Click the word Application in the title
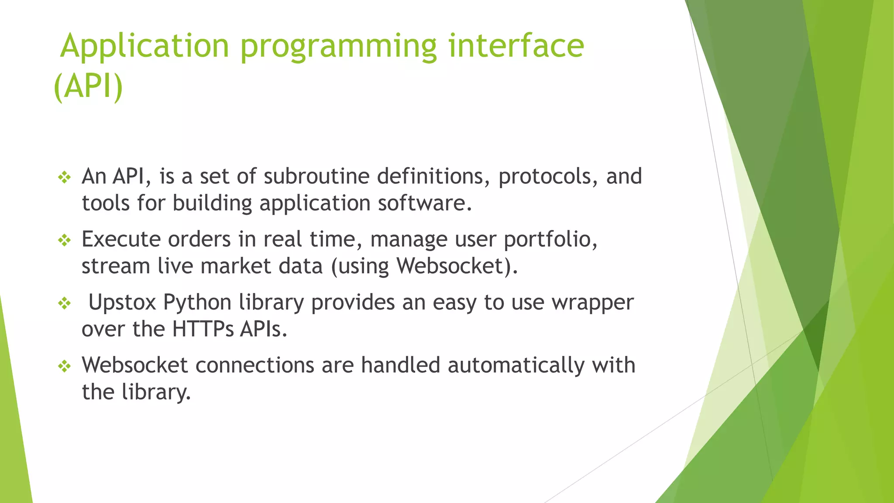coord(144,46)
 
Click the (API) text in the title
coord(88,86)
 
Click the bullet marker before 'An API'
coord(65,177)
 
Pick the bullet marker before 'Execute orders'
coord(65,240)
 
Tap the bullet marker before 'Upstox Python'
coord(65,303)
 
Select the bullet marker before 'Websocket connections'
coord(65,366)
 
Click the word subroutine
coord(316,176)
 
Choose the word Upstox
coord(122,303)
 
